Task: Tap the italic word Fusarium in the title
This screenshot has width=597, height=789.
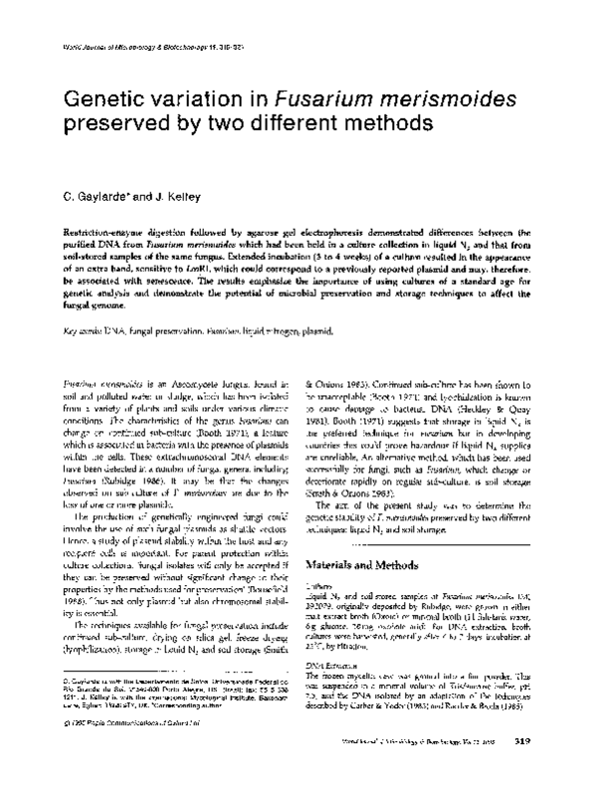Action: (328, 99)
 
